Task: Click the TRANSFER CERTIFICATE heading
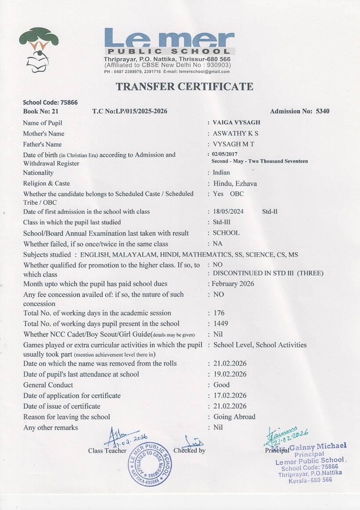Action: coord(184,87)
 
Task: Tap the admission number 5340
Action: coord(322,111)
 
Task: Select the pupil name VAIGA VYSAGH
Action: coord(236,123)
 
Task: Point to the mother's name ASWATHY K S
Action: coord(235,134)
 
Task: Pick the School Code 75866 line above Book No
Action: coord(50,102)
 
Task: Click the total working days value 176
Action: coord(218,313)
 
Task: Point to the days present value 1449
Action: coord(220,324)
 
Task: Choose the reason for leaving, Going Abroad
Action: coord(234,417)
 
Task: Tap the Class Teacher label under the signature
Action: coord(107,451)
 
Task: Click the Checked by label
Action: coord(189,450)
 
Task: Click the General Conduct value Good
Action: coord(221,385)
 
